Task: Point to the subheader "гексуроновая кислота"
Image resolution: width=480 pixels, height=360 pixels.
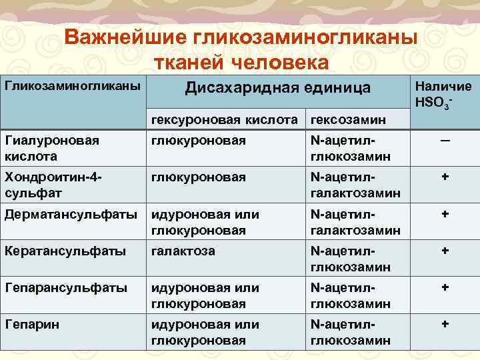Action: (x=224, y=119)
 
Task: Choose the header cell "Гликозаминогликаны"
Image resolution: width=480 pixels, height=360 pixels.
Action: (x=73, y=86)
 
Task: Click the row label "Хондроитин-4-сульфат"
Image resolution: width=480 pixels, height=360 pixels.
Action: (x=54, y=185)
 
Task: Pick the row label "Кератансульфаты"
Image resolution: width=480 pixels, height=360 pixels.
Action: (x=65, y=252)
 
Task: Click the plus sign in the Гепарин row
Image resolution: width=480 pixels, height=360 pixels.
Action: (x=444, y=324)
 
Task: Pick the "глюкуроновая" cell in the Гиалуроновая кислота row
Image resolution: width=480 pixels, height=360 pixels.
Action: (x=199, y=141)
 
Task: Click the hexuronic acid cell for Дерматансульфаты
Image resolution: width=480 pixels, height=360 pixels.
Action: (x=205, y=222)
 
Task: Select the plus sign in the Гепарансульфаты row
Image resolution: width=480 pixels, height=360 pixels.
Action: (x=444, y=288)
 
